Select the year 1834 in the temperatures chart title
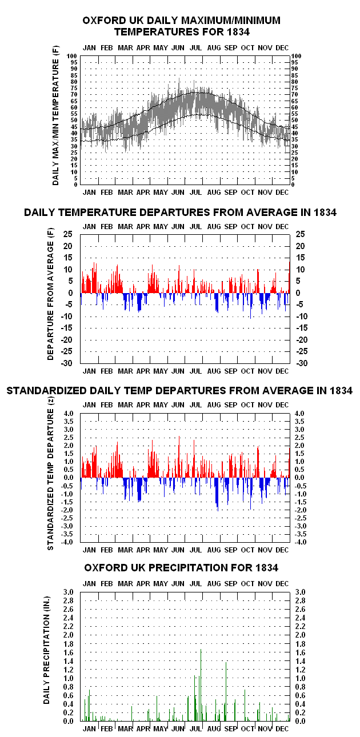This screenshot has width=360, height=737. pos(238,32)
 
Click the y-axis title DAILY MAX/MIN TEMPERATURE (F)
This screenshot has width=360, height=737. pos(55,115)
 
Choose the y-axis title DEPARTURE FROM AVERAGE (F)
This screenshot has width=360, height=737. pos(50,294)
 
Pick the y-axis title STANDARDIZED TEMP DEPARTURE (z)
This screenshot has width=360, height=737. pos(50,474)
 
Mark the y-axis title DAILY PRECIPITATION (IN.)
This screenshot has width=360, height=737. pos(46,650)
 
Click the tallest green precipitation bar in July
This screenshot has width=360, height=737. pos(201,685)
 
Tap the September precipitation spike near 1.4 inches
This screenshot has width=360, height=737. pos(226,691)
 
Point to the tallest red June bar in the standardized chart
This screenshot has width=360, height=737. pos(179,457)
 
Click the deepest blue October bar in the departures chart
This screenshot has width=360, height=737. pos(250,306)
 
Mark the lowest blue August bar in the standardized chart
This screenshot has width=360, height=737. pos(218,494)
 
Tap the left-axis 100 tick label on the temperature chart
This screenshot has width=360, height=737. pos(72,56)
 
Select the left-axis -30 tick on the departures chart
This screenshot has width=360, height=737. pos(66,363)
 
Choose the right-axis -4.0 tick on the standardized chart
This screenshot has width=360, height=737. pos(300,542)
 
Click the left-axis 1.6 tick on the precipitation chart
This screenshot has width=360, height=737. pos(69,652)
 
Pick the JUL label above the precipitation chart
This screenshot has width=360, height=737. pos(195,584)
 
